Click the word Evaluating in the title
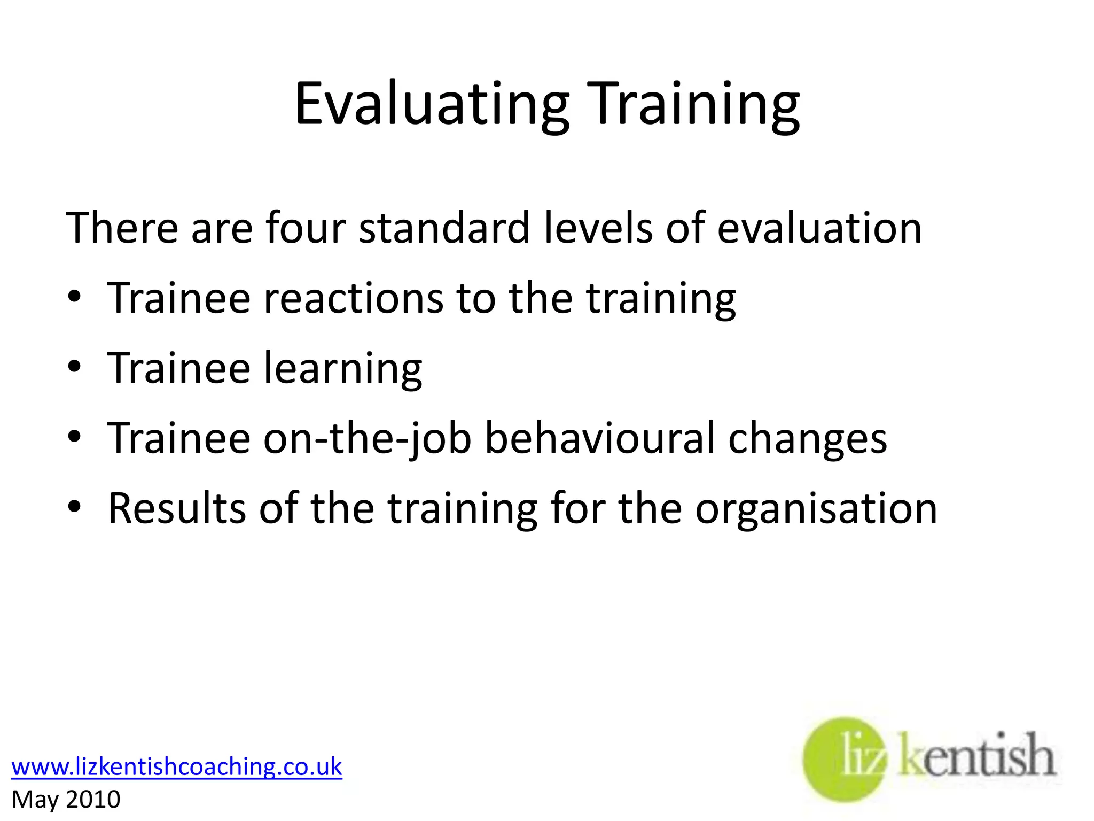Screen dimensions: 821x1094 (x=432, y=104)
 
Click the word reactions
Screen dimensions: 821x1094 (x=353, y=298)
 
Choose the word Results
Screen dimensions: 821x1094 (x=177, y=508)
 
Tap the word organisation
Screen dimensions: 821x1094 (x=816, y=508)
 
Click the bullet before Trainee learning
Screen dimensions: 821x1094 (x=75, y=367)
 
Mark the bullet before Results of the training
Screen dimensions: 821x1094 (x=75, y=507)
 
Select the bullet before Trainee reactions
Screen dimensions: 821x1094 (x=75, y=297)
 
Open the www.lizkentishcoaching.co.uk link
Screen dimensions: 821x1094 (x=177, y=766)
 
